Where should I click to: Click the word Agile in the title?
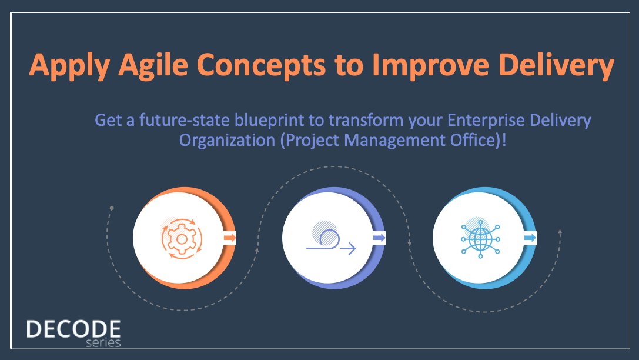(153, 65)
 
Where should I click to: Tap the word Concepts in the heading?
(261, 66)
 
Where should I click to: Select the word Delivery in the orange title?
(556, 65)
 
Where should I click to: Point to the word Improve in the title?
(431, 66)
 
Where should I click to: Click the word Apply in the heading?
(70, 65)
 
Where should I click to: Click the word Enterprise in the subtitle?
(486, 120)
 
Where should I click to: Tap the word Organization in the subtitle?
(227, 140)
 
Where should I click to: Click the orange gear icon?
(182, 238)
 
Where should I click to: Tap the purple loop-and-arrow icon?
(331, 238)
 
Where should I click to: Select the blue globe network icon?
(480, 238)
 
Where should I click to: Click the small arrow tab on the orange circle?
(230, 238)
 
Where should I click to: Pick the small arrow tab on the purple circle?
(379, 238)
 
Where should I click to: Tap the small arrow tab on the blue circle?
(530, 238)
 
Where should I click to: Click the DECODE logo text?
(73, 329)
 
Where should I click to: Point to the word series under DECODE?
(103, 343)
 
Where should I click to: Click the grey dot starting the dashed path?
(112, 208)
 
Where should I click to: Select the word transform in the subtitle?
(366, 120)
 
